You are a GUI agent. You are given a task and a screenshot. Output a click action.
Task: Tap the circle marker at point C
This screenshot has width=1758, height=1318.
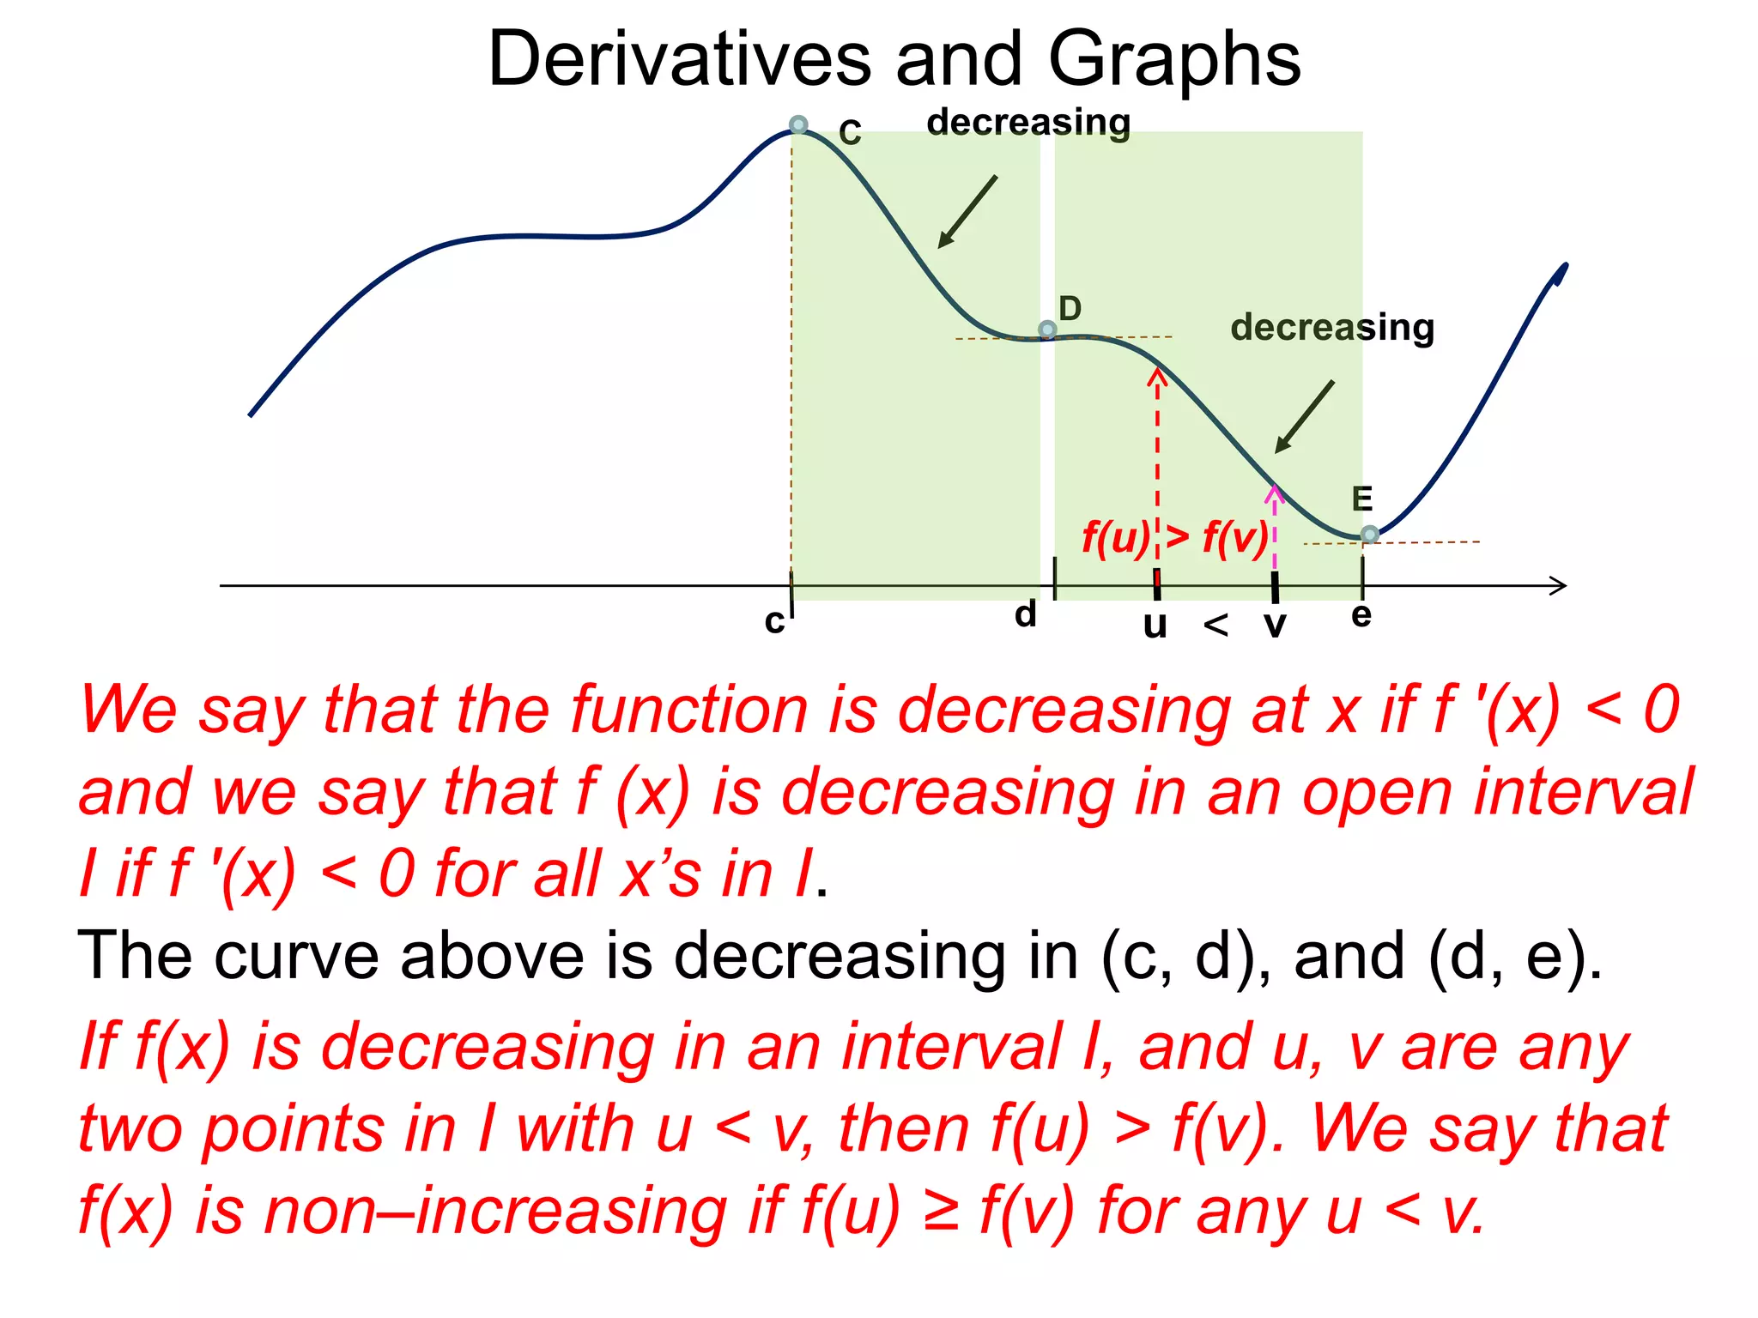tap(798, 124)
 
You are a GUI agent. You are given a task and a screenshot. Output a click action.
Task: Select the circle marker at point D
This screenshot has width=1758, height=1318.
tap(1047, 329)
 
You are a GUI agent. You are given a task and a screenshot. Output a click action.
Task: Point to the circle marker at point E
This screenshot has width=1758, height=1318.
tap(1370, 535)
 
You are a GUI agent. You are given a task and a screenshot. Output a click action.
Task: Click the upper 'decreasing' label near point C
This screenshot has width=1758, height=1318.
tap(1028, 122)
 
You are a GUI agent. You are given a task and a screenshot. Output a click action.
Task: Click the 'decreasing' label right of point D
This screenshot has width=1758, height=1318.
tap(1332, 327)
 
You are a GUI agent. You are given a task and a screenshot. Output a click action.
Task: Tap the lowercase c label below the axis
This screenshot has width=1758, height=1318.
tap(774, 621)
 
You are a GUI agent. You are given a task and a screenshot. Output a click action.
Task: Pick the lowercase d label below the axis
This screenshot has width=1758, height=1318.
tap(1026, 614)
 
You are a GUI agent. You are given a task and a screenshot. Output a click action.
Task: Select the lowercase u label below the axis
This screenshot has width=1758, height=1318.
tap(1155, 625)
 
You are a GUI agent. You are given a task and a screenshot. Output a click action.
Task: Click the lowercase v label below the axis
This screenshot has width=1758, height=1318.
tap(1276, 625)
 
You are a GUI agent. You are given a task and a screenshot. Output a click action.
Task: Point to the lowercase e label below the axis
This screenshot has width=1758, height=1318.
tap(1361, 614)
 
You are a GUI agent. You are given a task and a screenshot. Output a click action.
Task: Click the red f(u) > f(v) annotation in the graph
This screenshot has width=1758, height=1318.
tap(1175, 538)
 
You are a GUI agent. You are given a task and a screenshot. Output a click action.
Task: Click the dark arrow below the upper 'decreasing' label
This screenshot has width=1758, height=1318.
tap(967, 212)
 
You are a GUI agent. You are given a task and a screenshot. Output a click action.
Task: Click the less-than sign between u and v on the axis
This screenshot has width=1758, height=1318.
tap(1215, 625)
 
